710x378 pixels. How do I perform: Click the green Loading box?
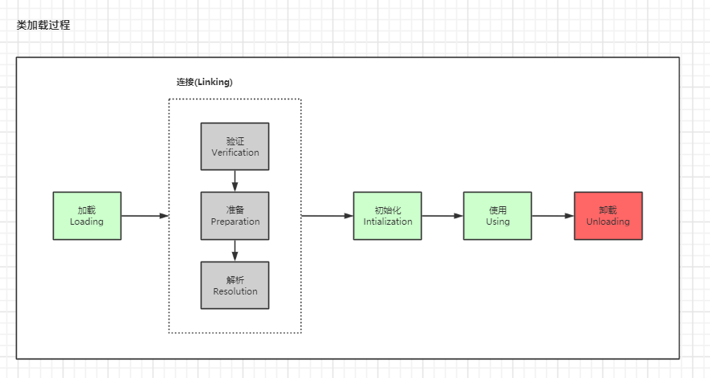tap(87, 216)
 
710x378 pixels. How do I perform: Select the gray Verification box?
tap(235, 146)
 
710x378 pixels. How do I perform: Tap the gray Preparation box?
tap(235, 216)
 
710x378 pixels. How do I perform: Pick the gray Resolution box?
tap(235, 286)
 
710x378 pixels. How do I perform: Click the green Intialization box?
tap(388, 216)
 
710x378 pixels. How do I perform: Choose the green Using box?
tap(497, 216)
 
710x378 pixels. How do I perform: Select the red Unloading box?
tap(608, 216)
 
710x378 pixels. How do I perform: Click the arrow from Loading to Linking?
tap(145, 216)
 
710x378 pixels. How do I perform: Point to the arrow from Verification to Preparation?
tap(235, 181)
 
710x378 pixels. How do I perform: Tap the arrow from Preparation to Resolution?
tap(235, 250)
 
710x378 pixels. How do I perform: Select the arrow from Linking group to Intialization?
tap(327, 216)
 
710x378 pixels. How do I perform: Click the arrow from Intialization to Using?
tap(443, 216)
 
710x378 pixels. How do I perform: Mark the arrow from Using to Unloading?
tap(553, 216)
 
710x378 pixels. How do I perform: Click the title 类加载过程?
tap(43, 26)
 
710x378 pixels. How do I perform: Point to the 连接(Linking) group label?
tap(205, 82)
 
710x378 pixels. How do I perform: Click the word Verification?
tap(235, 152)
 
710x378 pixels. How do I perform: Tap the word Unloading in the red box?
tap(608, 222)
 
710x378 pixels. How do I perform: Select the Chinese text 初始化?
tap(388, 210)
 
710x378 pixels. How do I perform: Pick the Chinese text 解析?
tap(235, 280)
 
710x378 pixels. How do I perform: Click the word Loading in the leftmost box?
tap(87, 222)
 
